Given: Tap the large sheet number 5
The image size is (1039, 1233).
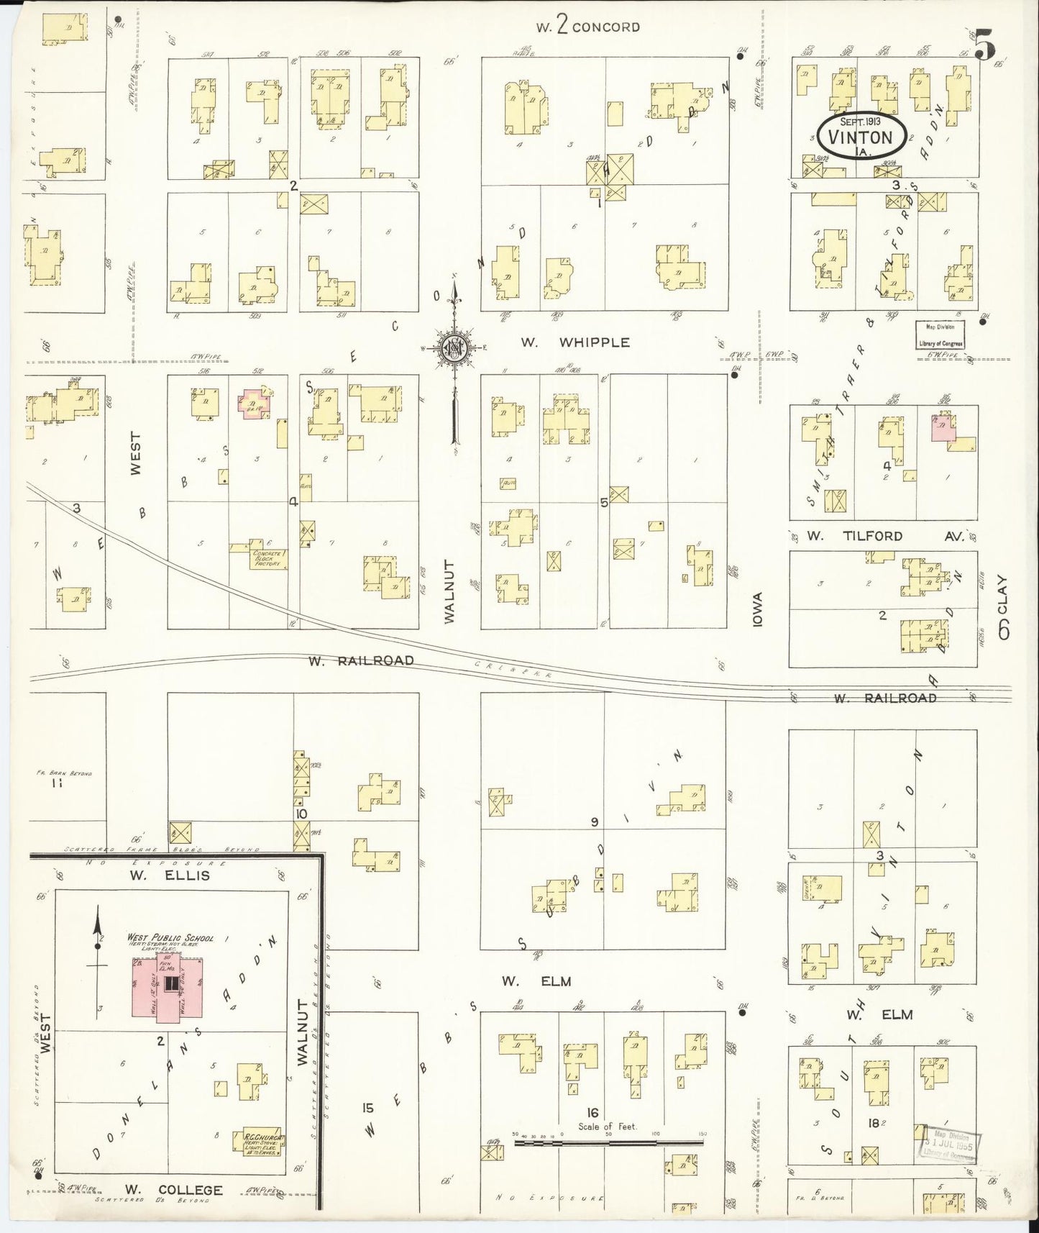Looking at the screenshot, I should [x=984, y=47].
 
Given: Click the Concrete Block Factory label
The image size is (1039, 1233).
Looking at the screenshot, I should [x=269, y=559].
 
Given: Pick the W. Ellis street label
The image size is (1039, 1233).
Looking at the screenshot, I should [x=170, y=875].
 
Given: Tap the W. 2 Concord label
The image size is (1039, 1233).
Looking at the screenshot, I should [x=587, y=27].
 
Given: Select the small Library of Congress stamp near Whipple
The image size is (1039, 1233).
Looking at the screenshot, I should [x=939, y=335].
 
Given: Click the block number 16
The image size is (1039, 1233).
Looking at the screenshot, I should [x=592, y=1112].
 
